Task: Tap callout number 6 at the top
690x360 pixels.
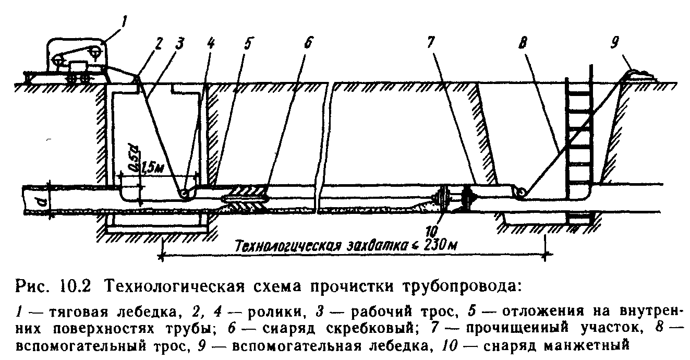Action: pos(308,43)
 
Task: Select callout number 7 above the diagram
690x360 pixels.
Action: pos(430,43)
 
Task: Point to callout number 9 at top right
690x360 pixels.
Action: pos(614,43)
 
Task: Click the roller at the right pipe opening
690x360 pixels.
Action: pos(520,191)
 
